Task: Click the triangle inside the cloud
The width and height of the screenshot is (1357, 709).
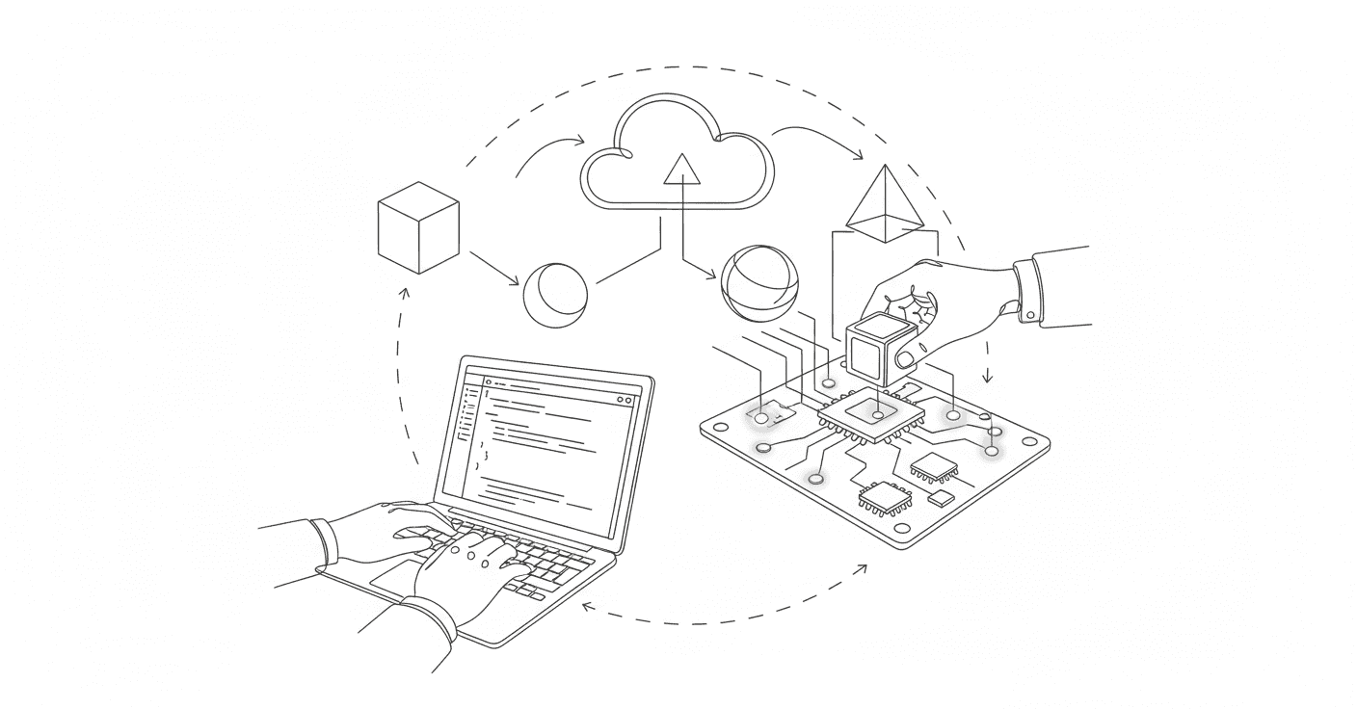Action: click(681, 170)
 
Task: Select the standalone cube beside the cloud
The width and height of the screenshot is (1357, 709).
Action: click(418, 227)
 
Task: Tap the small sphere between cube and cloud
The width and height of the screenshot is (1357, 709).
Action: click(555, 295)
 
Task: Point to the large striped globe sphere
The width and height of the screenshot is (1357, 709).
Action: click(759, 283)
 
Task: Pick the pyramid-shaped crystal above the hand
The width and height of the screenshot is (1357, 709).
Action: click(884, 203)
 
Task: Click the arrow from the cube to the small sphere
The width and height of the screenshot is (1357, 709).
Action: click(493, 267)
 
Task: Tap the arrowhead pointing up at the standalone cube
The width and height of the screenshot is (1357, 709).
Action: click(404, 291)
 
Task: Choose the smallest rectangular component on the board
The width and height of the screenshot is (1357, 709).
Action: click(941, 498)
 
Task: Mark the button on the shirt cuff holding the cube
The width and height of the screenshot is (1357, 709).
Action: click(1030, 314)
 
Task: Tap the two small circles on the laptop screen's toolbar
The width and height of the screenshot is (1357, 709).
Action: click(624, 399)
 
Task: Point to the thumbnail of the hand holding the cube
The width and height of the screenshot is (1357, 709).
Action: click(906, 358)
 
